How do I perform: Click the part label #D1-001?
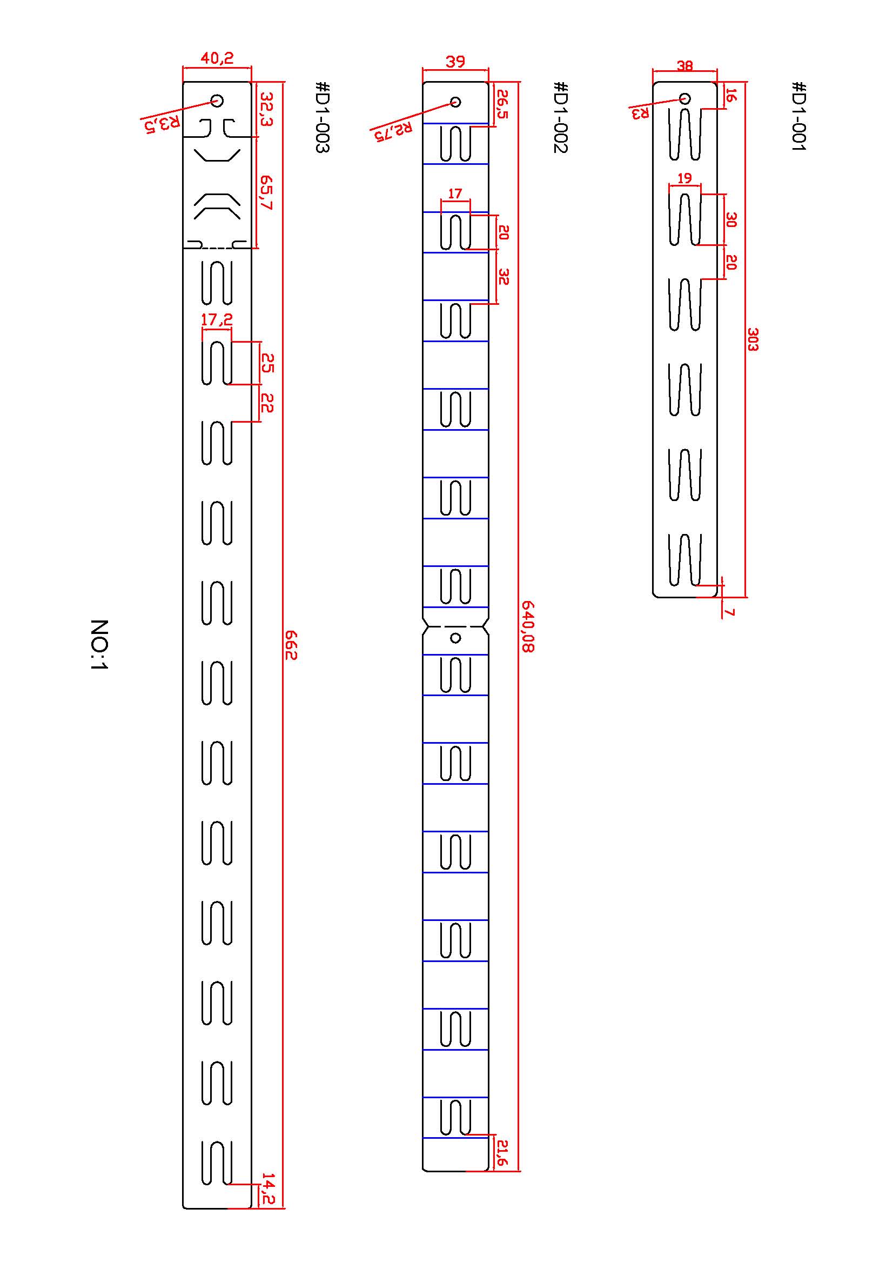point(798,116)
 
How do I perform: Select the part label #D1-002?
point(560,117)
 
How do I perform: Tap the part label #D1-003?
point(322,117)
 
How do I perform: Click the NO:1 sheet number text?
point(99,644)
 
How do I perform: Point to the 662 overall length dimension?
point(291,645)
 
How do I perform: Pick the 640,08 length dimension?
point(528,626)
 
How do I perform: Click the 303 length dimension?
point(753,339)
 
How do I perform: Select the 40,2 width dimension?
point(217,58)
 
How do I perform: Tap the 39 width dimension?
point(455,61)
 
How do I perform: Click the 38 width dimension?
point(684,65)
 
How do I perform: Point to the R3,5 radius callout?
point(162,123)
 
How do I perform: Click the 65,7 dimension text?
point(266,192)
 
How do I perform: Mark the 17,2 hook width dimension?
point(217,319)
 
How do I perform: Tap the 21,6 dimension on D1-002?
point(501,1152)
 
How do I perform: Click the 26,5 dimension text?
point(502,104)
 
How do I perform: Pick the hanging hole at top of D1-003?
point(217,101)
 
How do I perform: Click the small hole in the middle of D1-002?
point(455,638)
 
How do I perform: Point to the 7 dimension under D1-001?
point(730,612)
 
